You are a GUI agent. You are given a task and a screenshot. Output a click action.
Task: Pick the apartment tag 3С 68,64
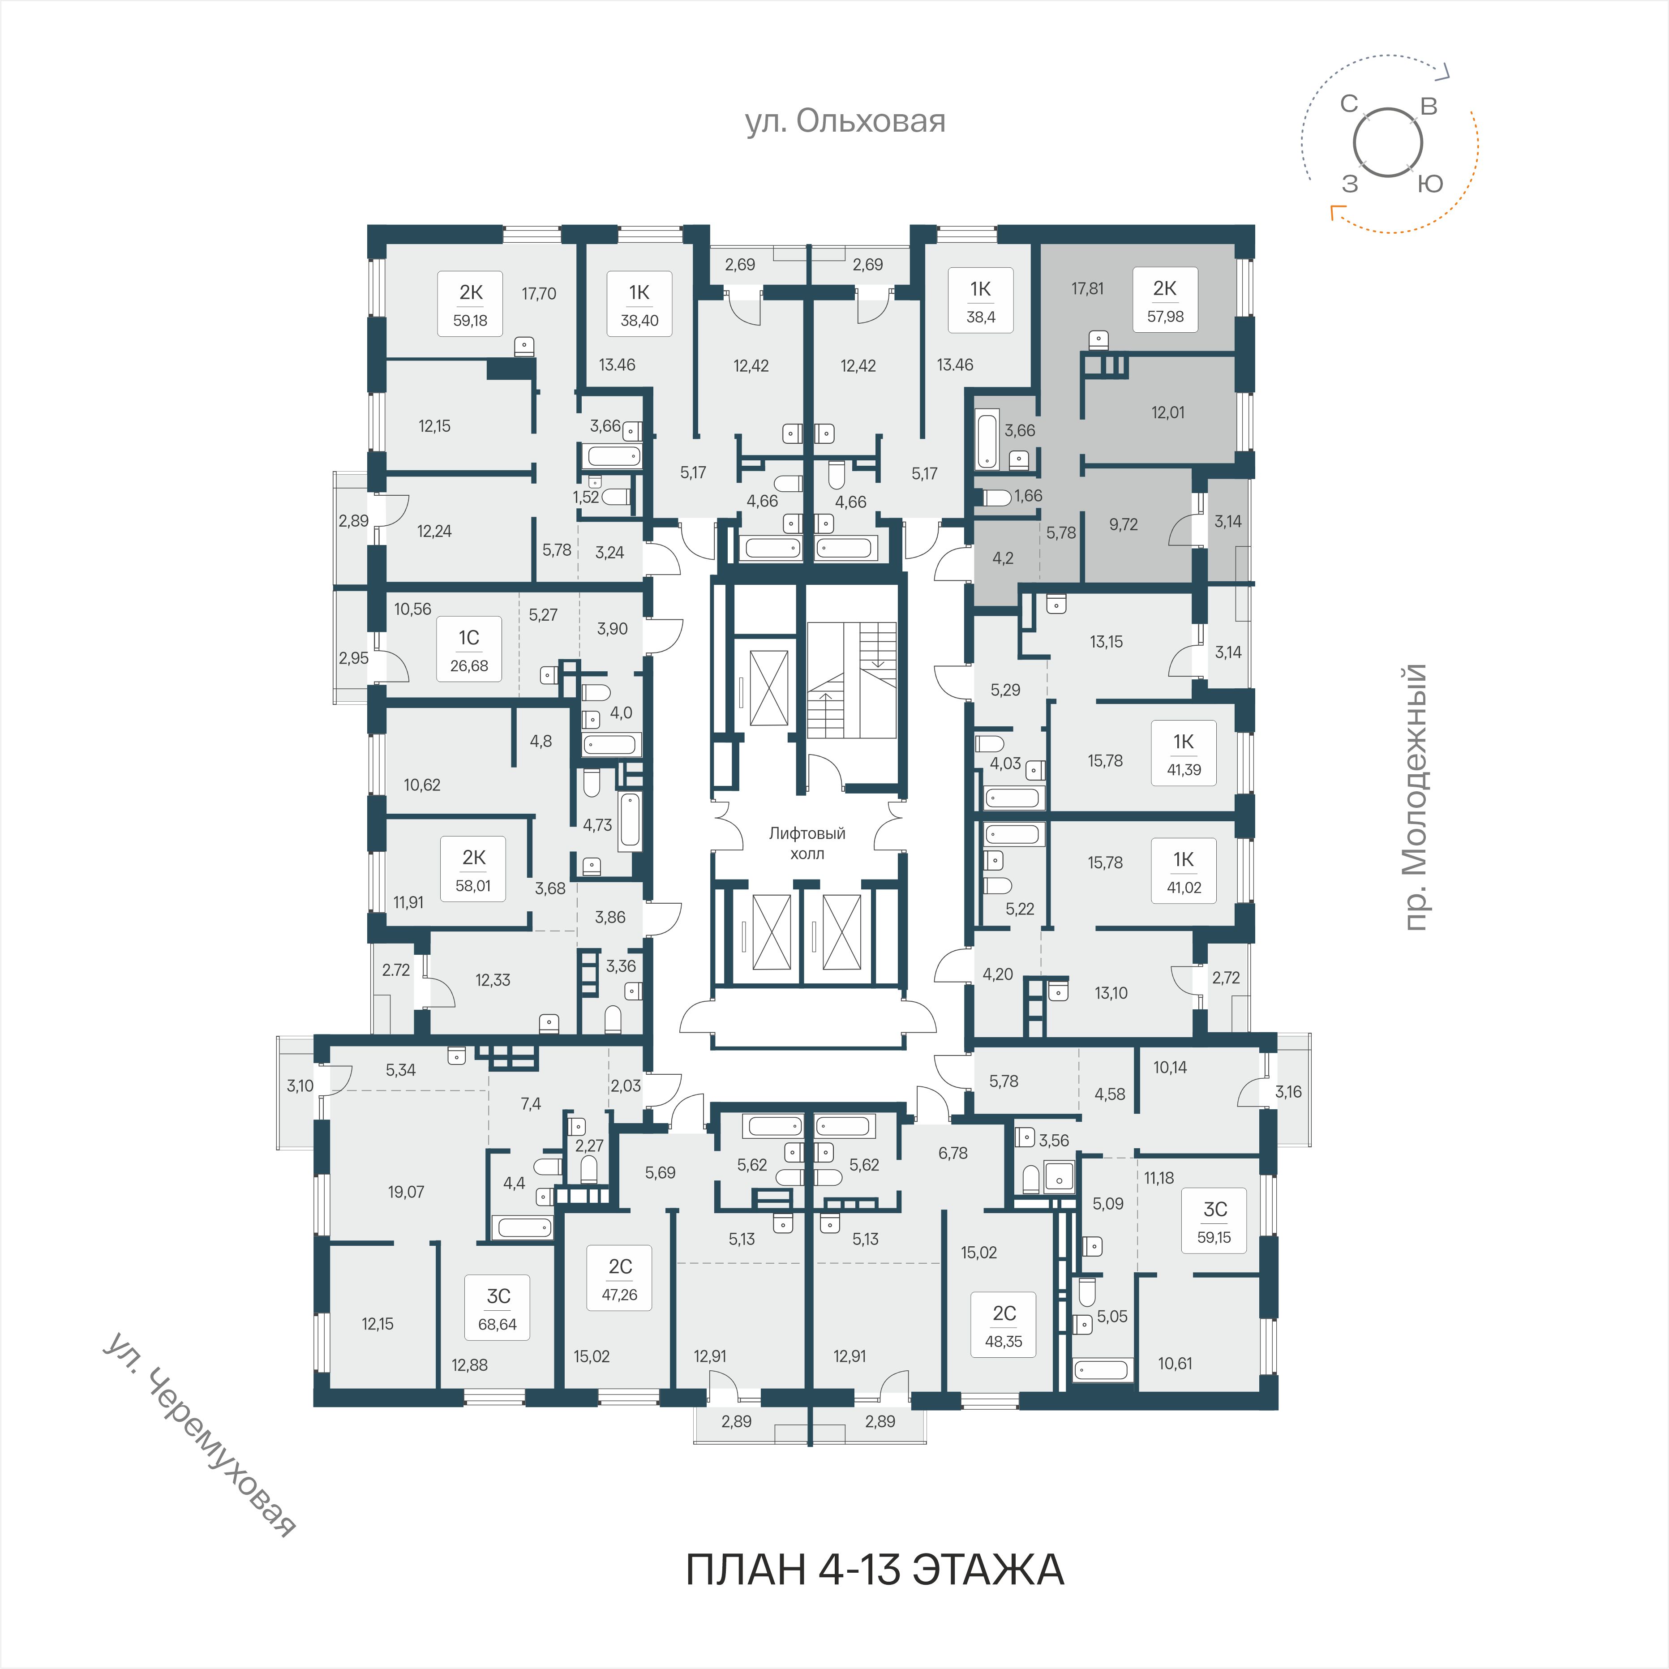pyautogui.click(x=498, y=1309)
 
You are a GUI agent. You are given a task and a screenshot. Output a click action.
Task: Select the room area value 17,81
pyautogui.click(x=1088, y=288)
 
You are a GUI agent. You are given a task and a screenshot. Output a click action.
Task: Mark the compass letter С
pyautogui.click(x=1349, y=104)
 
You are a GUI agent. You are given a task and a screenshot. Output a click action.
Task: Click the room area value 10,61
pyautogui.click(x=1175, y=1363)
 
